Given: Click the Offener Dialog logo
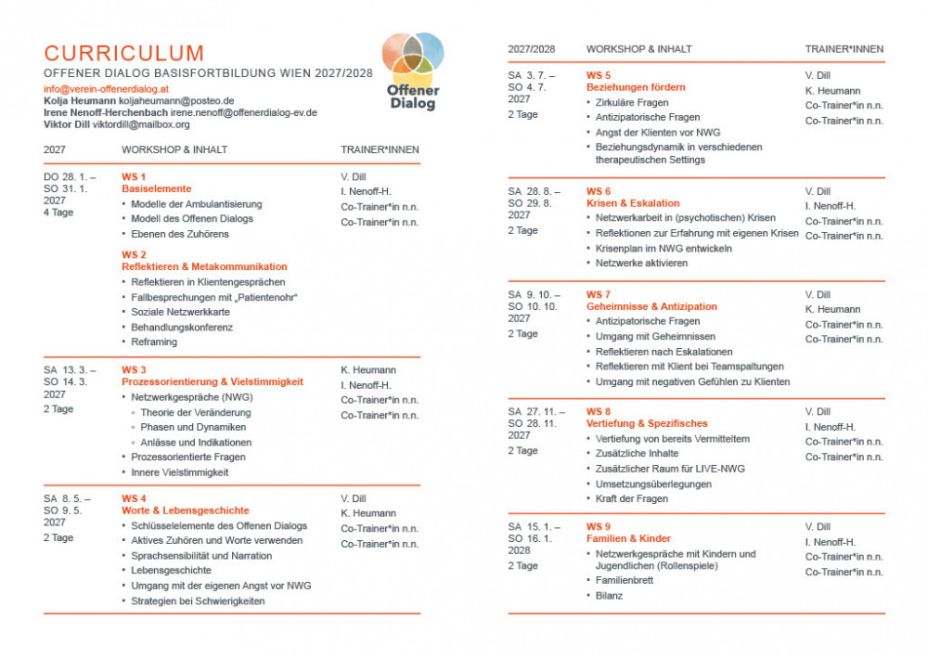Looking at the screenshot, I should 413,71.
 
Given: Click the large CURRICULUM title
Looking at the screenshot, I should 124,53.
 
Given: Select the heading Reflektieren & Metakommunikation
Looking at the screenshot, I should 204,266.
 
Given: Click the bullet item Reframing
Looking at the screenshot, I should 154,342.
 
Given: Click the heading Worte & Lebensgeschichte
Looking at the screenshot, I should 185,510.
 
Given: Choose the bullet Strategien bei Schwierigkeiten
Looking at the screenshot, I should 198,600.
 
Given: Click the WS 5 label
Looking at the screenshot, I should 599,74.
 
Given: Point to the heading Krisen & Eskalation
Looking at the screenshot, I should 633,203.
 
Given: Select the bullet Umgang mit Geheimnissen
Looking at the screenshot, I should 655,336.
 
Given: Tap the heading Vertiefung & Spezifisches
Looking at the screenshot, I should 647,423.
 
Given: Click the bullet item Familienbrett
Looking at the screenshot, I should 625,580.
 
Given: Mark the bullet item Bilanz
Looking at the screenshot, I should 609,595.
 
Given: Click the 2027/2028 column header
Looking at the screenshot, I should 532,49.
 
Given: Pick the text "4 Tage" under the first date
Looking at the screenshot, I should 58,212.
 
